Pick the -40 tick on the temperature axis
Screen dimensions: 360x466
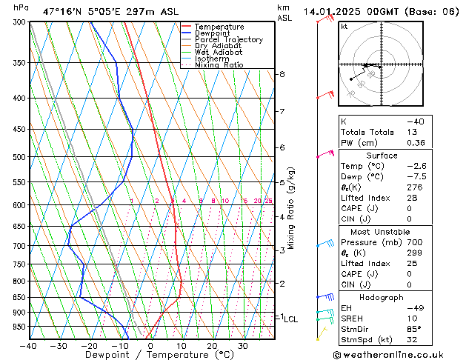coord(29,346)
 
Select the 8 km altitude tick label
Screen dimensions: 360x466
coord(282,74)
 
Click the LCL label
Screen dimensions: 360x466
coord(290,319)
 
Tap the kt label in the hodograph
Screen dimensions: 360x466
coord(344,26)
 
